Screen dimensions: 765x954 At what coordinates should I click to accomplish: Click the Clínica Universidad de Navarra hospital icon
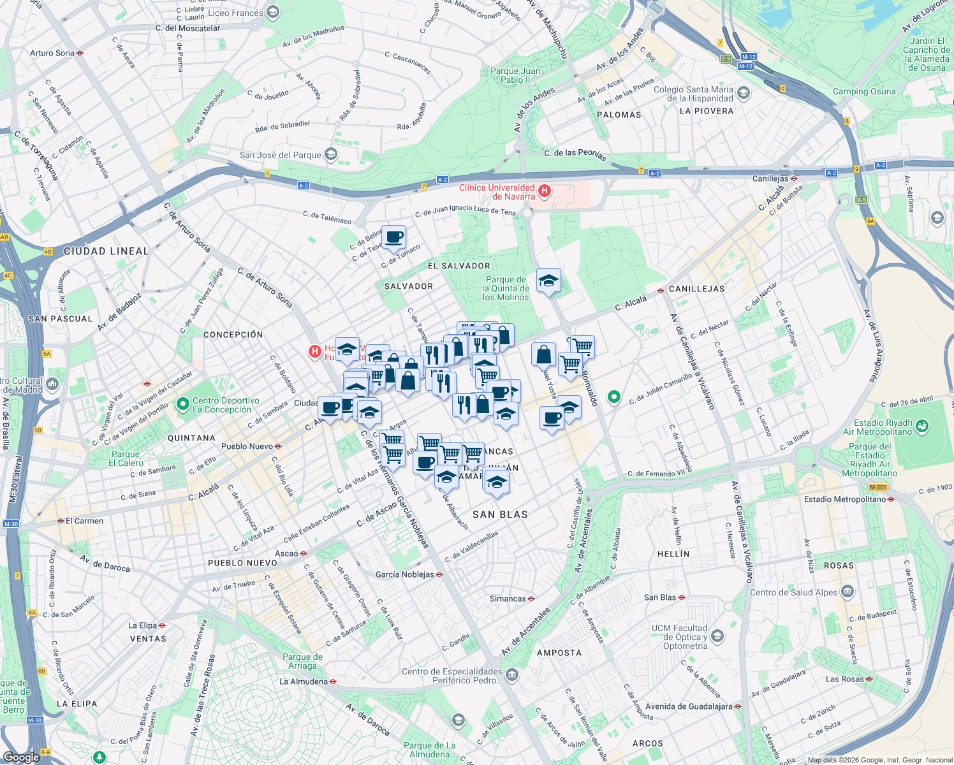(545, 191)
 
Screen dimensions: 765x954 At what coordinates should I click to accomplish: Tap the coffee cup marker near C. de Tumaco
(393, 237)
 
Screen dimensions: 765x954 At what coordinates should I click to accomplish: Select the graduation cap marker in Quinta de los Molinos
(548, 280)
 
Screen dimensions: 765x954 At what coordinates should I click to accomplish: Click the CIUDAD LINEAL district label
(106, 251)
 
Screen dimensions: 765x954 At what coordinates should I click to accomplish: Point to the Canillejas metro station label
(770, 178)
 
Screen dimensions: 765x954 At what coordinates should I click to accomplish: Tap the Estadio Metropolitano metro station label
(845, 499)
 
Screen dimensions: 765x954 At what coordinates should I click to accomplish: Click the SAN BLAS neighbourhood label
(500, 514)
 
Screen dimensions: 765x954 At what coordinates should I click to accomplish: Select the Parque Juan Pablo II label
(515, 75)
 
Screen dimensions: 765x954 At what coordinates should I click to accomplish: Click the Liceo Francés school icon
(273, 12)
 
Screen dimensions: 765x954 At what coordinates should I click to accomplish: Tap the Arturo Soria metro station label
(52, 53)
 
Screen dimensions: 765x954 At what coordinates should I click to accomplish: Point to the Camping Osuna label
(864, 91)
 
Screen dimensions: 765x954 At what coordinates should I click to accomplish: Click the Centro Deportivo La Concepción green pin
(183, 404)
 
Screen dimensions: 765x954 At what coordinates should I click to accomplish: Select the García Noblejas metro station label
(405, 574)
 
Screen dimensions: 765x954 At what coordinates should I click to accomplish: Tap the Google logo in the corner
(21, 757)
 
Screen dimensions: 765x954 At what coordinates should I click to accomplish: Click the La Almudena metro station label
(304, 681)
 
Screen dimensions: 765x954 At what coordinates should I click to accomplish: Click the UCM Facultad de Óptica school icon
(717, 636)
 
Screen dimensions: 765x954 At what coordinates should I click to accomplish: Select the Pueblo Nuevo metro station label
(247, 446)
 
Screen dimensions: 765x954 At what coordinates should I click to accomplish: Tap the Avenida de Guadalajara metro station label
(689, 706)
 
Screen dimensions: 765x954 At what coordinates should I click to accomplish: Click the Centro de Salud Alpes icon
(848, 592)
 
